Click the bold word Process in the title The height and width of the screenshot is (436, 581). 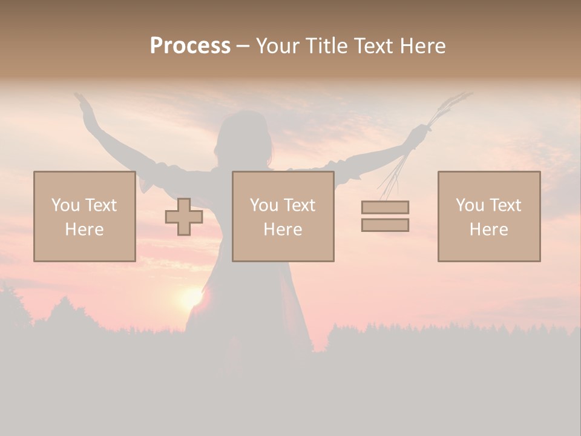coord(190,46)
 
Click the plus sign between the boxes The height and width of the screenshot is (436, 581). coord(184,217)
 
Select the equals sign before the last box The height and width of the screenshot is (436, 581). coord(385,216)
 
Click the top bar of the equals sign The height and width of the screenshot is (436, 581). coord(385,207)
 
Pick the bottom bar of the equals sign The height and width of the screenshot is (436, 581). coord(385,225)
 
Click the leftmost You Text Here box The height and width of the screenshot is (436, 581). coord(84,216)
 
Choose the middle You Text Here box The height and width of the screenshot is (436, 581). coord(283,216)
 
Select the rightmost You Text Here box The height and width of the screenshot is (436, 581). coord(488,216)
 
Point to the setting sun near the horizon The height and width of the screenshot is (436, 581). coord(191,297)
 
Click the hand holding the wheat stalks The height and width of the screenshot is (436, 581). coord(418,134)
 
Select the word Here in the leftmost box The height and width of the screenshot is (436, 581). coord(84,230)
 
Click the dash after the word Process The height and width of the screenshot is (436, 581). coord(243,47)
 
